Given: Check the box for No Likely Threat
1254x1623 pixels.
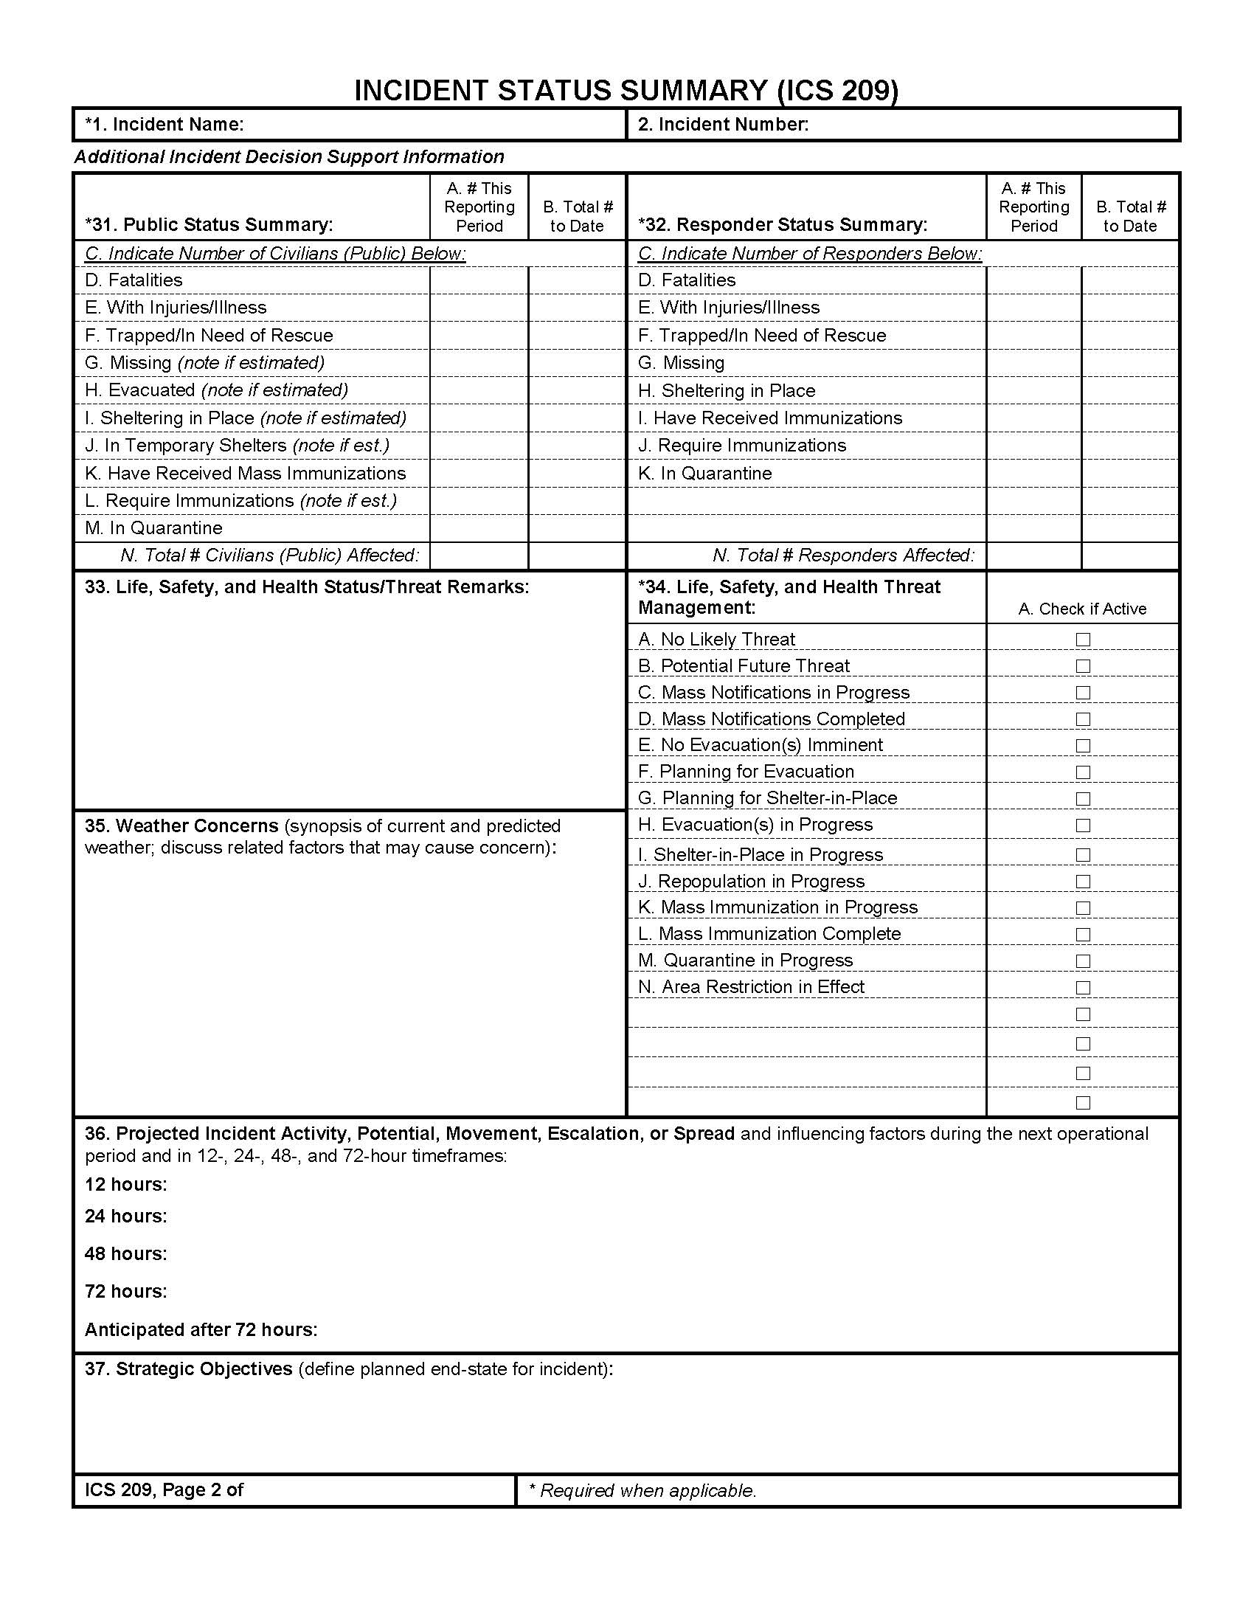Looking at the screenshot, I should pyautogui.click(x=1082, y=639).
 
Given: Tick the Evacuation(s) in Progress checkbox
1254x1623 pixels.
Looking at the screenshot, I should pyautogui.click(x=1082, y=825).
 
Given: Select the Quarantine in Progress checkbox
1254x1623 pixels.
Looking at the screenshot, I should pyautogui.click(x=1082, y=961).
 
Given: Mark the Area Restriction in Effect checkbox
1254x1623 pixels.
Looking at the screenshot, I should pyautogui.click(x=1082, y=988).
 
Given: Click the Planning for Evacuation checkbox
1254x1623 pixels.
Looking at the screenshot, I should pyautogui.click(x=1082, y=772).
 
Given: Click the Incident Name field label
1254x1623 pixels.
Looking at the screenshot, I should pyautogui.click(x=164, y=124).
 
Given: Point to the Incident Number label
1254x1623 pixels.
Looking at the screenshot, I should pyautogui.click(x=723, y=124).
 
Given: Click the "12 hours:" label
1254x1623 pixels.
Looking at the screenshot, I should pyautogui.click(x=125, y=1184).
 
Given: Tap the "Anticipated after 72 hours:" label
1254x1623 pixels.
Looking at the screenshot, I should pyautogui.click(x=201, y=1329).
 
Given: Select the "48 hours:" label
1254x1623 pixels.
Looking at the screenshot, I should pyautogui.click(x=125, y=1253).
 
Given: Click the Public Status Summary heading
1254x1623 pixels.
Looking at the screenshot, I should pyautogui.click(x=209, y=224).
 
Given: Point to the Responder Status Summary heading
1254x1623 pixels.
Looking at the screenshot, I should pyautogui.click(x=782, y=224).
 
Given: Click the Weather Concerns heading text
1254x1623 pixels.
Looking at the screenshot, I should pyautogui.click(x=181, y=826).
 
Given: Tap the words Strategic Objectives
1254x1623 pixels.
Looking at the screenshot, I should pyautogui.click(x=189, y=1368).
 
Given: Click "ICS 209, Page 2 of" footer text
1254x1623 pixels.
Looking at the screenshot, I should pyautogui.click(x=164, y=1490).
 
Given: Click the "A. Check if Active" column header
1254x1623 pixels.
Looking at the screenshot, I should pyautogui.click(x=1081, y=609).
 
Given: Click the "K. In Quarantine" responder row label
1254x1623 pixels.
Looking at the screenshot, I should pyautogui.click(x=704, y=474).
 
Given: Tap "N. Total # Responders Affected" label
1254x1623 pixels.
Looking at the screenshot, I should pyautogui.click(x=843, y=555).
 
